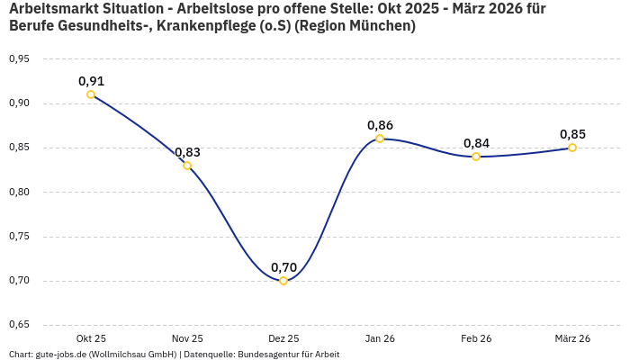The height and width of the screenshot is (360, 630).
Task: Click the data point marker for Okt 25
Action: [x=91, y=94]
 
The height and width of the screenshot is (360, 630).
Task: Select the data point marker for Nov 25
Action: [x=187, y=166]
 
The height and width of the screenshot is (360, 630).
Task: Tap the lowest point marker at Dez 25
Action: [x=283, y=281]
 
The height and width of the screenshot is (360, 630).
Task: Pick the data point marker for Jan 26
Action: [x=380, y=139]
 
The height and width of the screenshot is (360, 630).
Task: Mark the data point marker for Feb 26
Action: [x=476, y=157]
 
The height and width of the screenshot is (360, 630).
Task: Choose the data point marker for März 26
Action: [x=572, y=148]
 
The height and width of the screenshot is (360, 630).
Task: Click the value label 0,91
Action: [x=91, y=81]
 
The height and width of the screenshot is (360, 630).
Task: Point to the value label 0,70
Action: [x=283, y=267]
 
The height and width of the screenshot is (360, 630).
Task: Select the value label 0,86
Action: [x=380, y=125]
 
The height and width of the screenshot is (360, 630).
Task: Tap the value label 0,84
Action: [x=476, y=143]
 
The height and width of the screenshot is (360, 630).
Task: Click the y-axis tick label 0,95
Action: [x=19, y=59]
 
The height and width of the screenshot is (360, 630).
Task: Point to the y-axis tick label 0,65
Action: [x=19, y=325]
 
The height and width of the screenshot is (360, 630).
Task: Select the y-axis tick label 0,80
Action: [x=19, y=192]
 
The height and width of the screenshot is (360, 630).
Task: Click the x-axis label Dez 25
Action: [x=283, y=338]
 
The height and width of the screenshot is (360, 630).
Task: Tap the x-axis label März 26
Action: [x=572, y=338]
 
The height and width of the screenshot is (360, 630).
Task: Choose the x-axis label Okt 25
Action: [x=91, y=338]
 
